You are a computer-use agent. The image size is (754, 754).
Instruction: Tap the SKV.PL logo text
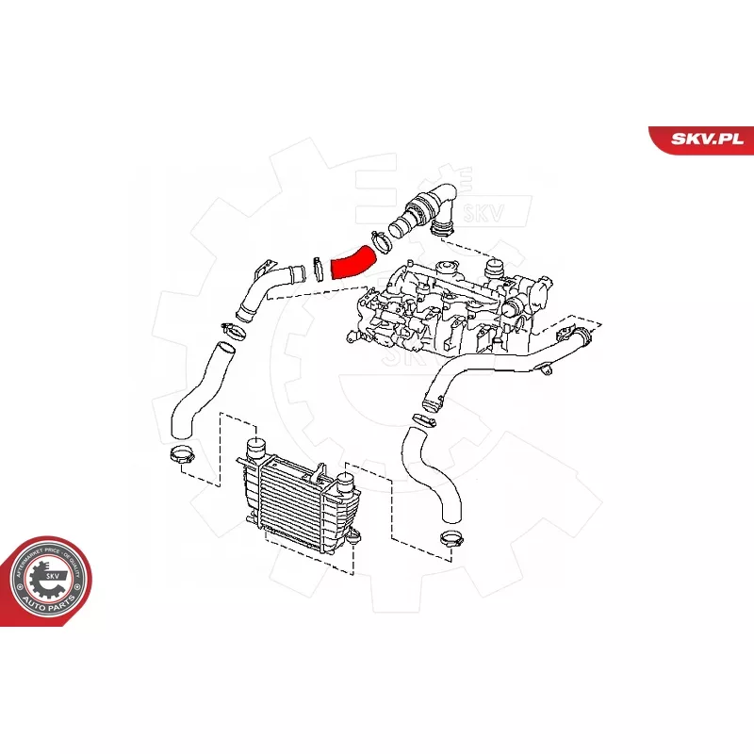701,139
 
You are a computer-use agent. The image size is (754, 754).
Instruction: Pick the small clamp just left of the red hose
319,269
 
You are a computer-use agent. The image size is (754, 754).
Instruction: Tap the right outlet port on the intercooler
345,488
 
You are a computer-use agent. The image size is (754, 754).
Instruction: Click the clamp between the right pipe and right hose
430,405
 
